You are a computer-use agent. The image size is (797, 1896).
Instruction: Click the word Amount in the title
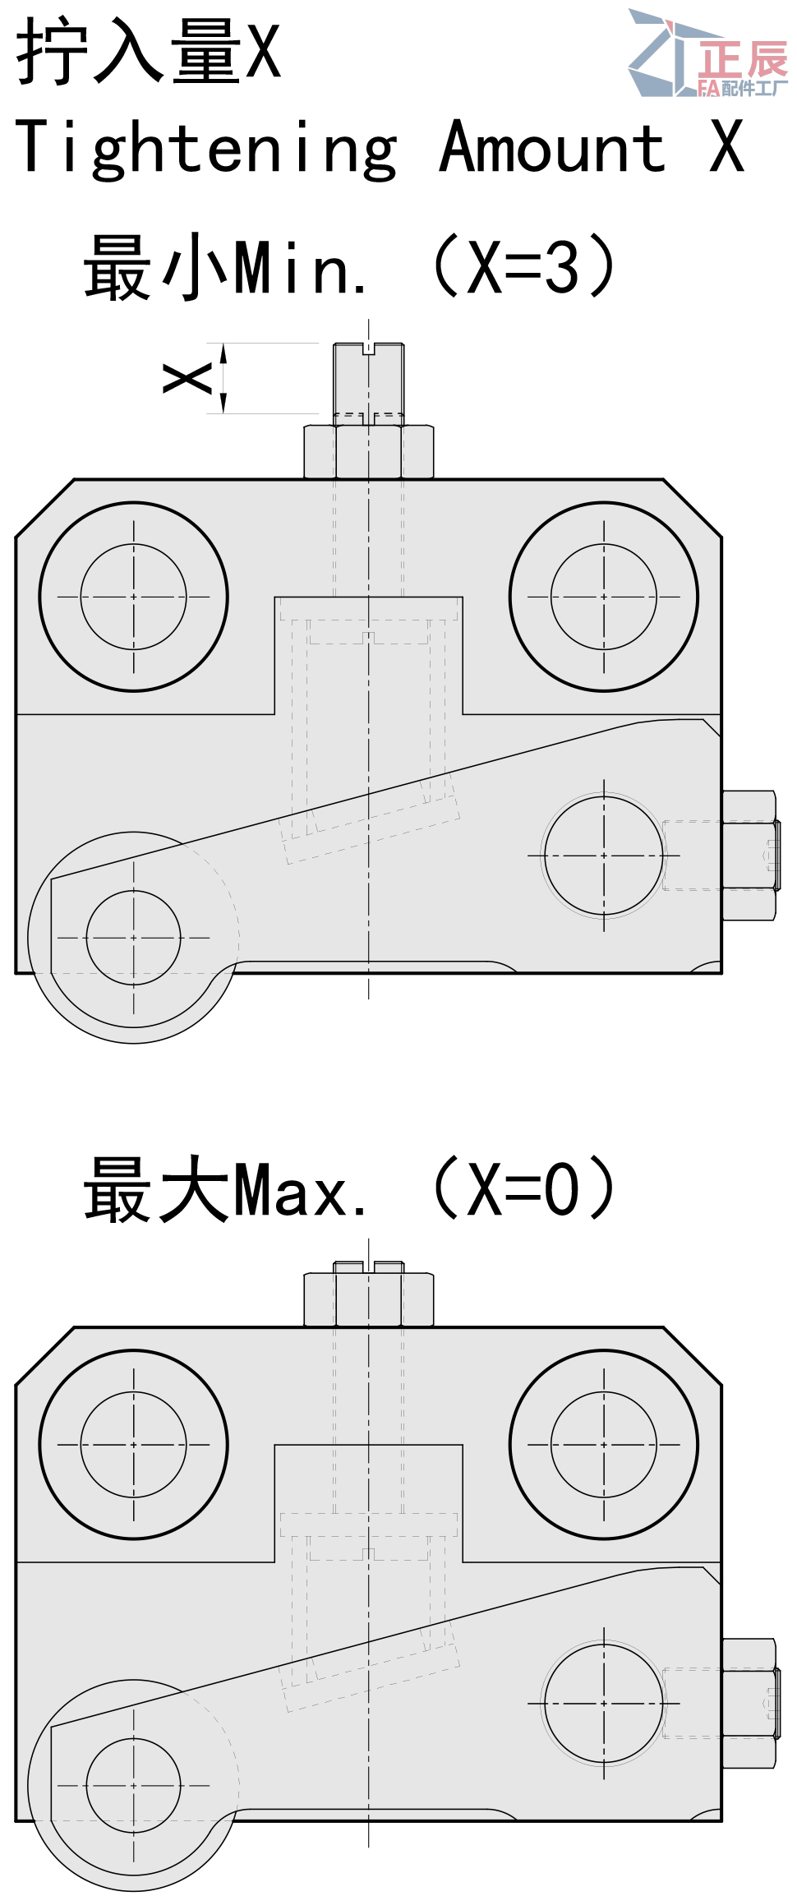coord(552,146)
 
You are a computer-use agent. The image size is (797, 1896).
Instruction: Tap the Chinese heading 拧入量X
coord(149,51)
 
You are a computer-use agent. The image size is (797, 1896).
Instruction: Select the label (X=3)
coord(523,265)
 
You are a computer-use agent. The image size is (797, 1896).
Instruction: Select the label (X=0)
coord(523,1188)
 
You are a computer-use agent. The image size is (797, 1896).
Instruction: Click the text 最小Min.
coord(225,265)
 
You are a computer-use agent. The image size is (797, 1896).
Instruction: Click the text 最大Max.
coord(225,1188)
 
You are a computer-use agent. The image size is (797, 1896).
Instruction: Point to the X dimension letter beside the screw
coord(188,379)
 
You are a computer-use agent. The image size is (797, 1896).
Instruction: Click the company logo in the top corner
coord(707,53)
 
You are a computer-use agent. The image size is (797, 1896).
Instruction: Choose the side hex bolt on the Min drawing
coord(750,856)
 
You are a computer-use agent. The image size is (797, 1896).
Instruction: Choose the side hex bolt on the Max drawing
coord(750,1703)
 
